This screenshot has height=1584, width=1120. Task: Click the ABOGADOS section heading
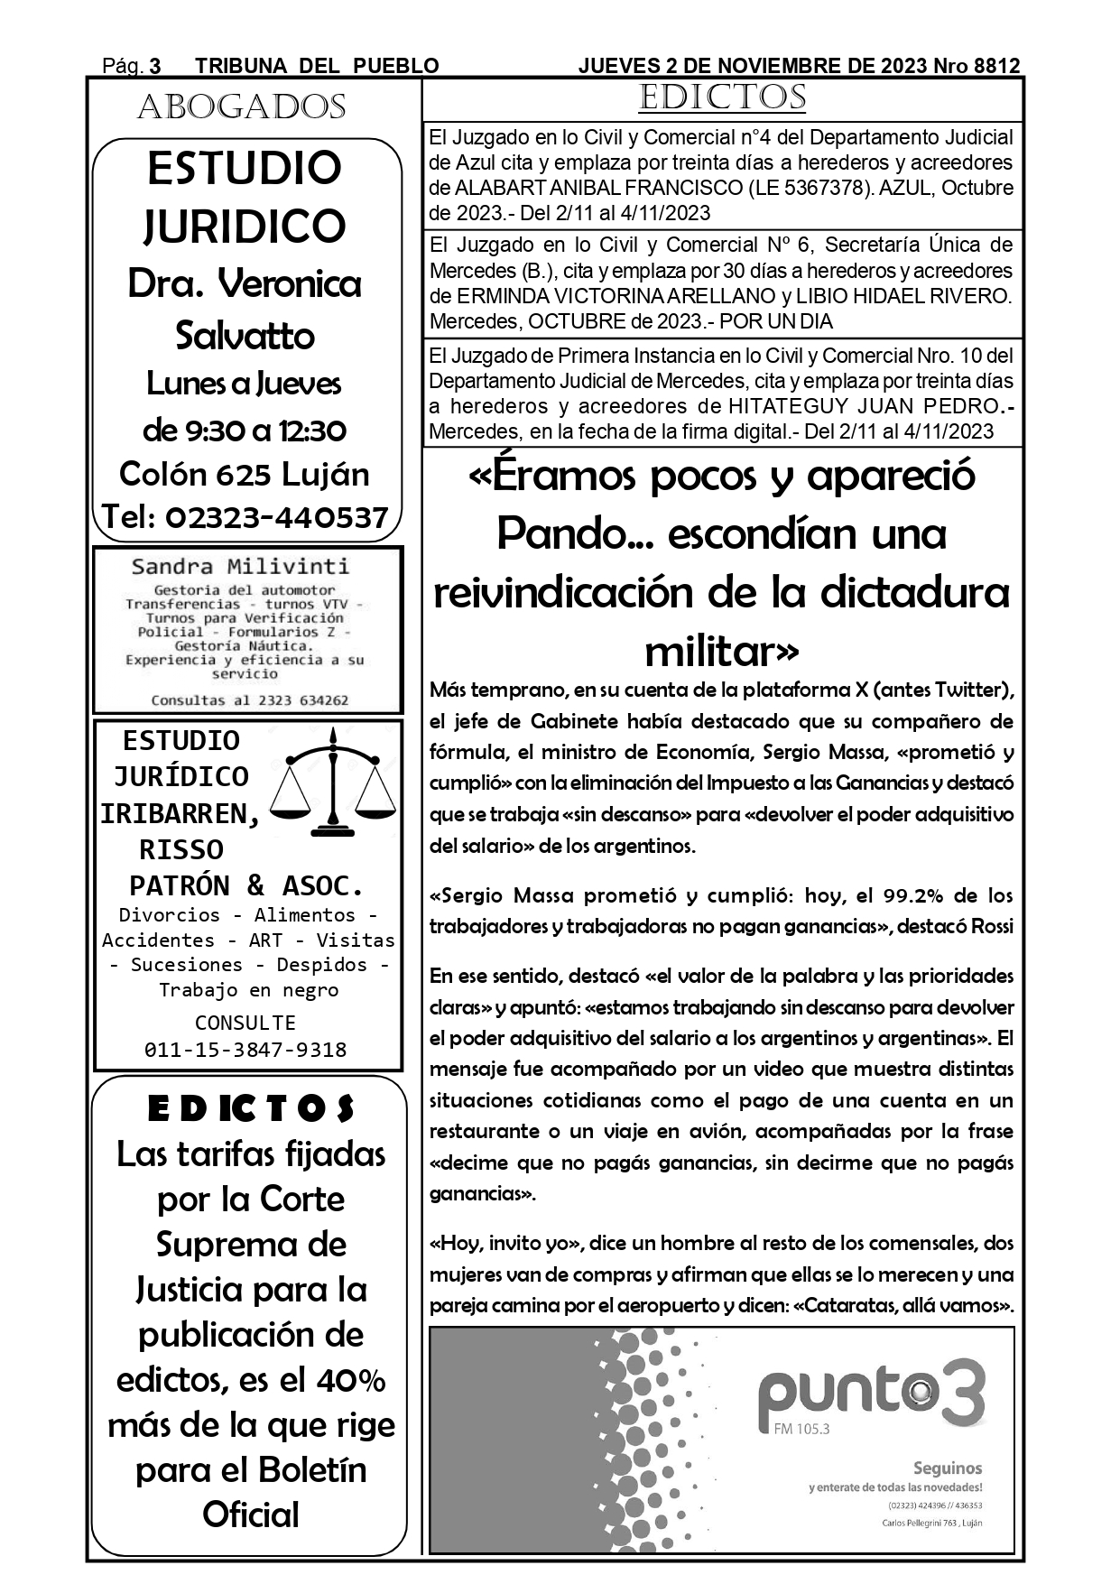(x=242, y=107)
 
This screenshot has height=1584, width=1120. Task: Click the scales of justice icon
(x=335, y=782)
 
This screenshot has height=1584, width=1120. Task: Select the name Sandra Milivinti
(x=240, y=567)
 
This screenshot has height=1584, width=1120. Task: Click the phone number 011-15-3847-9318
(x=245, y=1050)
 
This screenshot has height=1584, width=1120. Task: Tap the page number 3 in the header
(x=154, y=66)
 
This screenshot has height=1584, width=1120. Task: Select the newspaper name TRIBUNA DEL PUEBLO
(x=317, y=66)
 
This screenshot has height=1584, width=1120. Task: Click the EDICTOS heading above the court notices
(x=722, y=98)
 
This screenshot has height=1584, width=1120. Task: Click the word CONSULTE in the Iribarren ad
(x=245, y=1023)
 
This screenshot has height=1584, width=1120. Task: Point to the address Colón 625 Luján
(x=245, y=474)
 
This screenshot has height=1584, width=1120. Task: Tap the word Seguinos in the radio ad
(x=947, y=1468)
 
